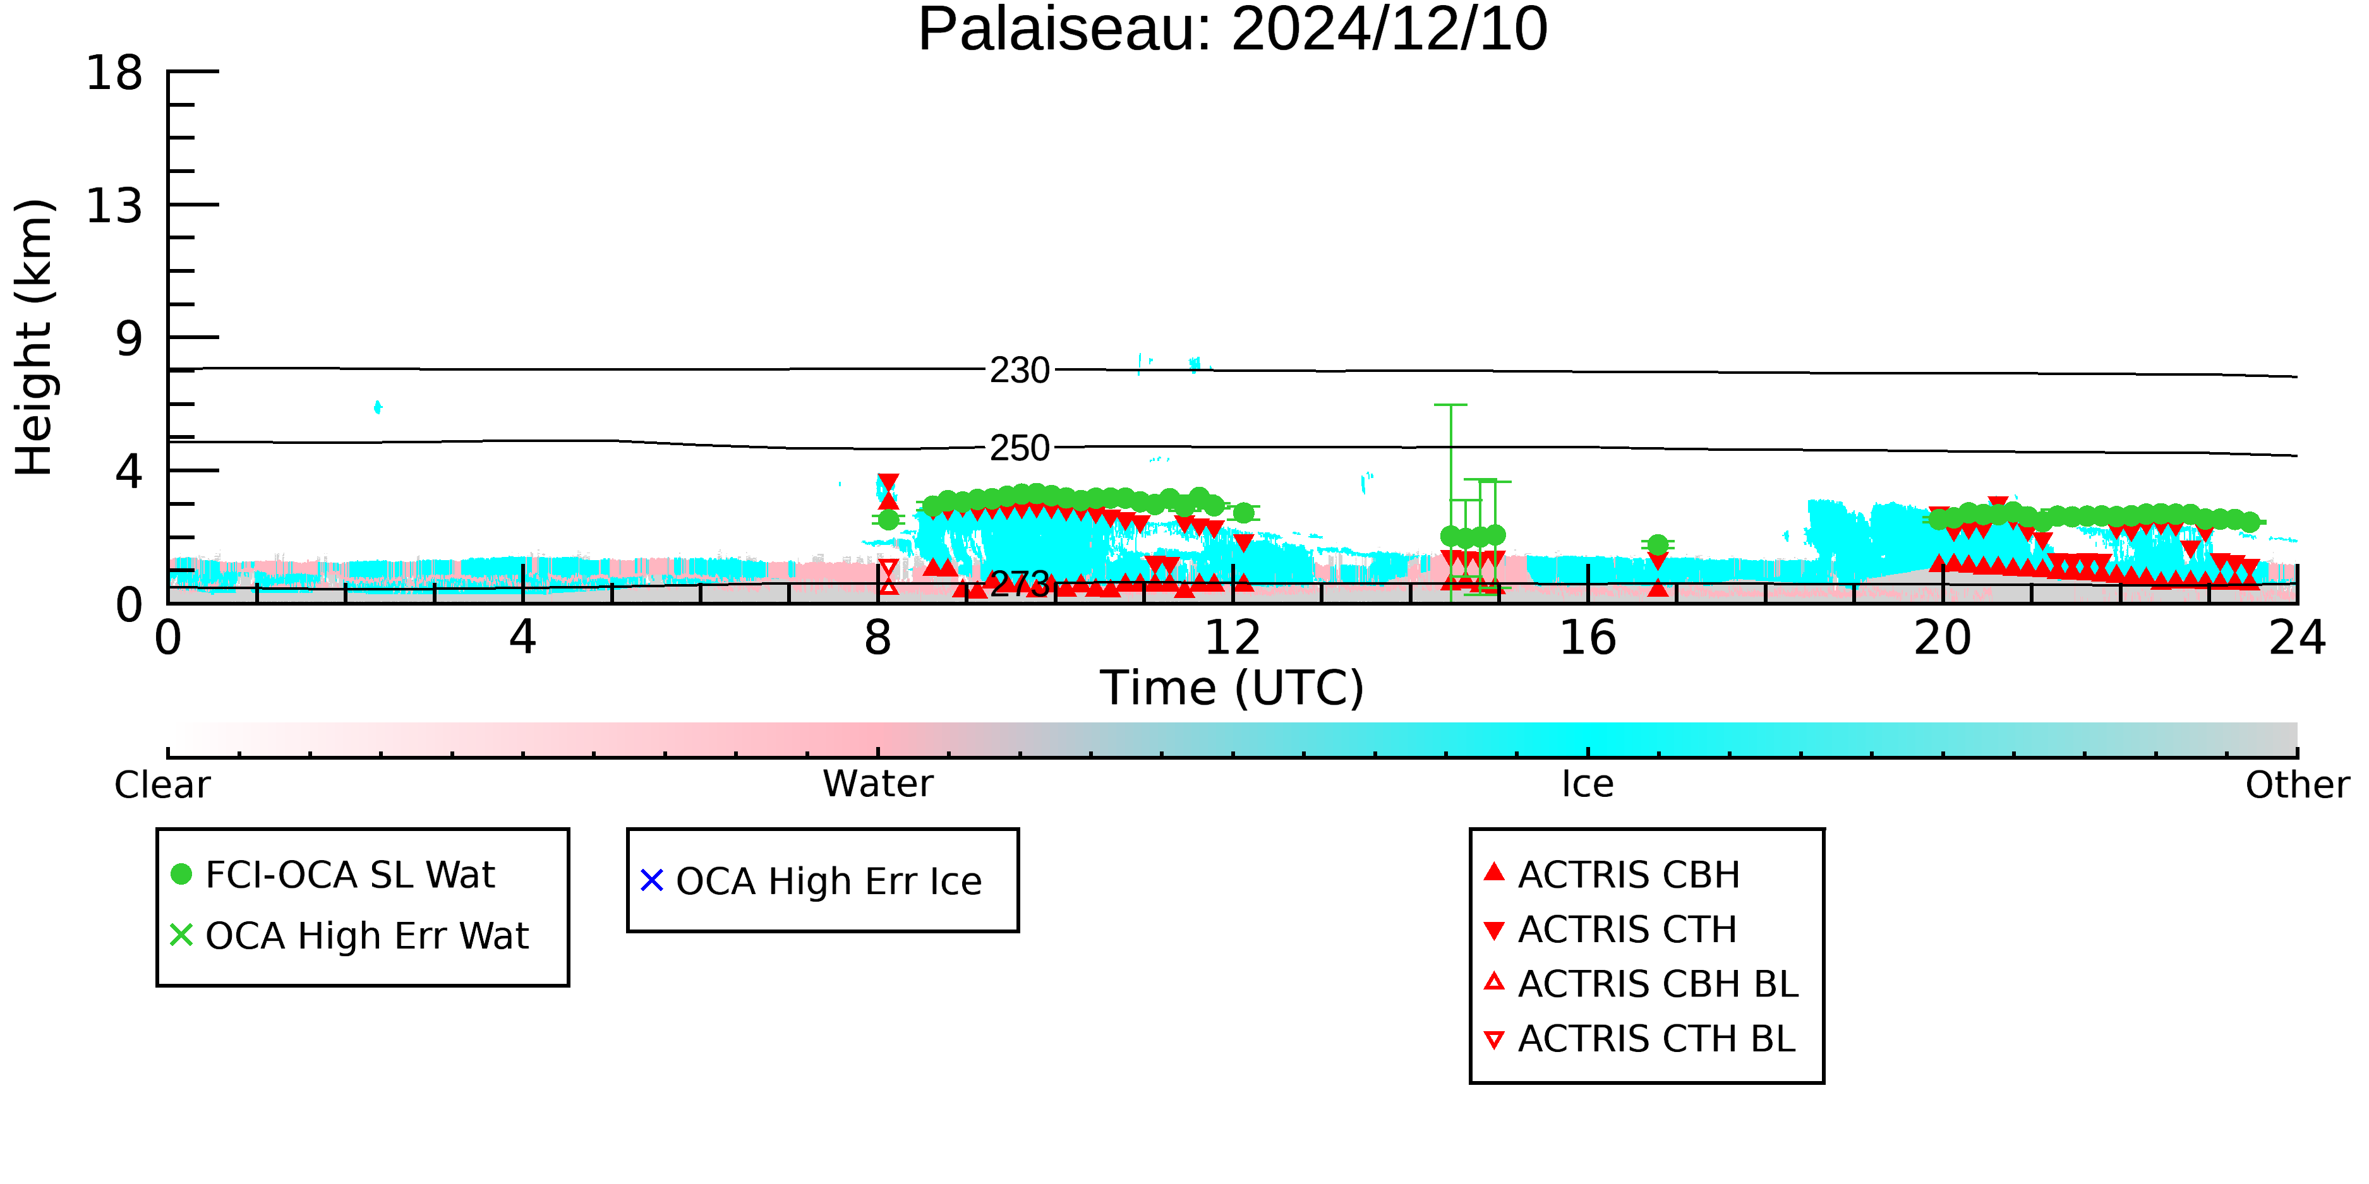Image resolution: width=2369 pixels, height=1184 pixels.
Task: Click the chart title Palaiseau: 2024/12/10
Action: point(1233,30)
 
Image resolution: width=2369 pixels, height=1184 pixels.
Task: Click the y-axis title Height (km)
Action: point(35,337)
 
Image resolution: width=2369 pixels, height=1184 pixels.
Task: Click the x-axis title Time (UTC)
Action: point(1233,688)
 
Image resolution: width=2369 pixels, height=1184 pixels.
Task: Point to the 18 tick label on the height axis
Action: point(114,73)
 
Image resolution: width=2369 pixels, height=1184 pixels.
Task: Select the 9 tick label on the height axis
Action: point(130,339)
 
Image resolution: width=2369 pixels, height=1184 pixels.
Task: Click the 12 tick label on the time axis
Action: point(1233,638)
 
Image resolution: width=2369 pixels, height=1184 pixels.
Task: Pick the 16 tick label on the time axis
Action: point(1588,638)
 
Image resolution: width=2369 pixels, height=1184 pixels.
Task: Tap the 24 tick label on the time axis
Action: point(2297,638)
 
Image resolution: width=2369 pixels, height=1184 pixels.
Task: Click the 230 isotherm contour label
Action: point(1019,371)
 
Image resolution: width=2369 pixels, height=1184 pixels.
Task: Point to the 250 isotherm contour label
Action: point(1019,448)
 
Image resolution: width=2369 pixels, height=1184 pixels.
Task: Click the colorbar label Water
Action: point(878,784)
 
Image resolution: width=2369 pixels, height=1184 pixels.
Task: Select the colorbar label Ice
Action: point(1588,784)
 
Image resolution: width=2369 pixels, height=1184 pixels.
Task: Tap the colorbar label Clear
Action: point(162,785)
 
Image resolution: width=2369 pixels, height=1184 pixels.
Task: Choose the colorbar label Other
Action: point(2297,785)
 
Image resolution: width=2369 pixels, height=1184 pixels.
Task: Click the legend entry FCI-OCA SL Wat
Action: point(333,874)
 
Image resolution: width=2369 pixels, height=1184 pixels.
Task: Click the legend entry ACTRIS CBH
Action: point(1611,874)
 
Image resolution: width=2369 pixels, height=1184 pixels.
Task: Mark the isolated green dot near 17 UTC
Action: point(1658,545)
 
